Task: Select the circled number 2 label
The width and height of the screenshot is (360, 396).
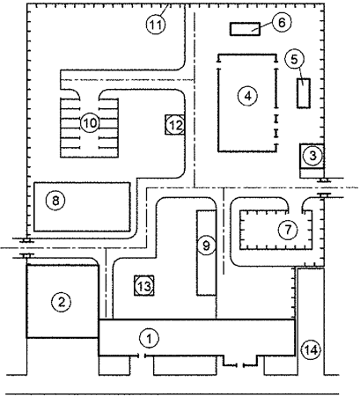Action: (x=60, y=302)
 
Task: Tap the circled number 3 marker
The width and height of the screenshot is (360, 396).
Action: (x=312, y=156)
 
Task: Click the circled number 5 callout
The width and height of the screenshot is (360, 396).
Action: (x=296, y=58)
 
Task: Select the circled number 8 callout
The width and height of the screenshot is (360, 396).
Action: (x=56, y=201)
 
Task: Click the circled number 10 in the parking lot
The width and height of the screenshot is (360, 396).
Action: (x=88, y=122)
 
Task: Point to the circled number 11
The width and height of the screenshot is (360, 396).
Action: (x=156, y=24)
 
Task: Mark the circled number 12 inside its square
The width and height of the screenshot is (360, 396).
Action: (x=174, y=125)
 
